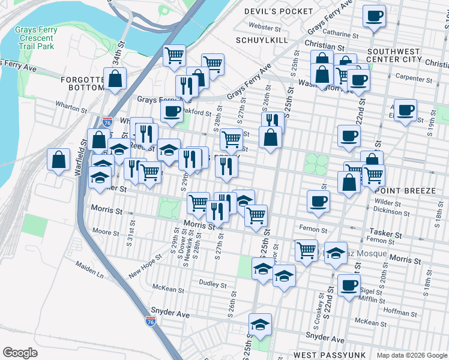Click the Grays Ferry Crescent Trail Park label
[34, 37]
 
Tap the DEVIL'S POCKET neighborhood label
[279, 11]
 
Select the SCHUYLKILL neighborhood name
[262, 40]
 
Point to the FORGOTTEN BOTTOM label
[83, 83]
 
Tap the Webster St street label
[265, 28]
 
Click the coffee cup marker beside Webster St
[374, 16]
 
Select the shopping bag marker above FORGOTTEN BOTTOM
[115, 78]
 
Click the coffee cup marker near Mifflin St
[349, 285]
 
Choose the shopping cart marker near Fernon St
[306, 249]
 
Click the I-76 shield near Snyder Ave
[151, 322]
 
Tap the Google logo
[20, 353]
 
